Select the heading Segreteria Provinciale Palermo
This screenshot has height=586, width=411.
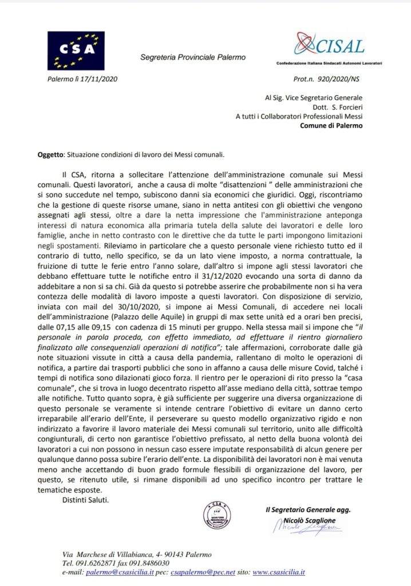[193, 57]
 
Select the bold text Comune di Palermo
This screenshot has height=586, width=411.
[331, 126]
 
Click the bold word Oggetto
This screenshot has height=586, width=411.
[48, 154]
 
